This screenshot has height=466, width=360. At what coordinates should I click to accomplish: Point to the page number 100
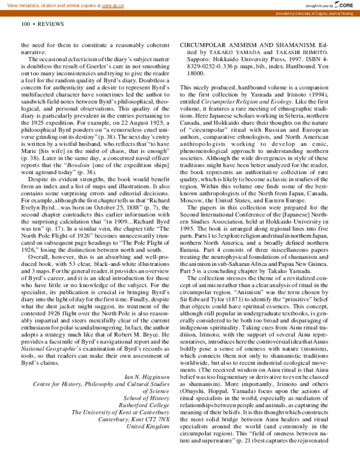point(25,24)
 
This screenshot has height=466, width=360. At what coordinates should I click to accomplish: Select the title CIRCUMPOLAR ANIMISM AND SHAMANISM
point(251,45)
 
